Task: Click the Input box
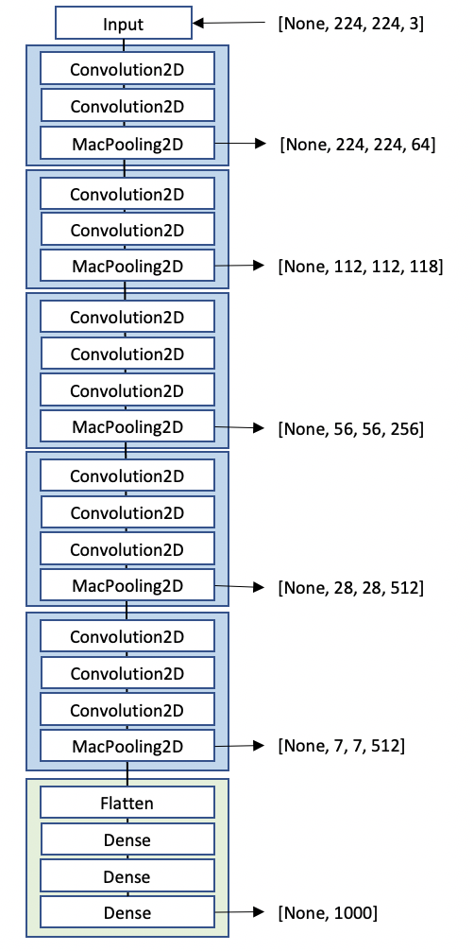pyautogui.click(x=123, y=23)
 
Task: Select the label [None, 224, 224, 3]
pyautogui.click(x=349, y=22)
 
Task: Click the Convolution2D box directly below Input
pyautogui.click(x=127, y=69)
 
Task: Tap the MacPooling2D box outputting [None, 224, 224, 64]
pyautogui.click(x=127, y=144)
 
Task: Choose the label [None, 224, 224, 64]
pyautogui.click(x=357, y=145)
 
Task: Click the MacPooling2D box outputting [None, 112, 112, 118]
pyautogui.click(x=127, y=267)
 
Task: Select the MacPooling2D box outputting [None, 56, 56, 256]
pyautogui.click(x=127, y=427)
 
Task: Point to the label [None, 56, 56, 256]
pyautogui.click(x=350, y=428)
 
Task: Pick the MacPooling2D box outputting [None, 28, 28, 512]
pyautogui.click(x=127, y=586)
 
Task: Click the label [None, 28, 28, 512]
pyautogui.click(x=350, y=587)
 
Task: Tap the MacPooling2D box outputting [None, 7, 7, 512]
pyautogui.click(x=127, y=746)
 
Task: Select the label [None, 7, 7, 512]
pyautogui.click(x=341, y=746)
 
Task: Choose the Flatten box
pyautogui.click(x=127, y=804)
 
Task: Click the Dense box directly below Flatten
pyautogui.click(x=127, y=839)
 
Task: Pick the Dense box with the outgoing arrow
pyautogui.click(x=127, y=912)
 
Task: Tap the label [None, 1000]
pyautogui.click(x=327, y=912)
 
